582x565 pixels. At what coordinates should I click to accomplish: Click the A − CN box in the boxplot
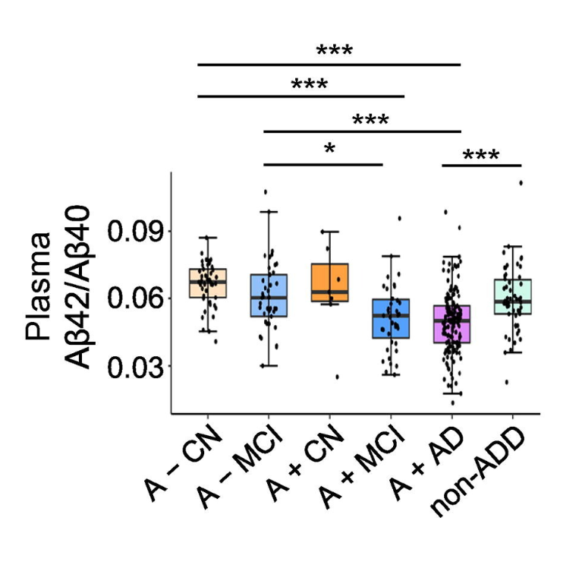207,283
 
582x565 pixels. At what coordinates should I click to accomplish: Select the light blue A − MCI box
268,295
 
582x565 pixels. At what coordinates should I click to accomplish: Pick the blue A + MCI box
391,319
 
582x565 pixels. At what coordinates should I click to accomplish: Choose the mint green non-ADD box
513,297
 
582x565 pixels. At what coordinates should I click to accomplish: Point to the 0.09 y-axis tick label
136,230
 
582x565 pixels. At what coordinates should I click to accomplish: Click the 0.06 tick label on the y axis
136,298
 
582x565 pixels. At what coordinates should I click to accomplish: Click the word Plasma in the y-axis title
39,286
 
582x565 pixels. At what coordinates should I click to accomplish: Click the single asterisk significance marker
329,148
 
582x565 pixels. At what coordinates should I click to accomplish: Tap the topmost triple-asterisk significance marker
335,52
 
